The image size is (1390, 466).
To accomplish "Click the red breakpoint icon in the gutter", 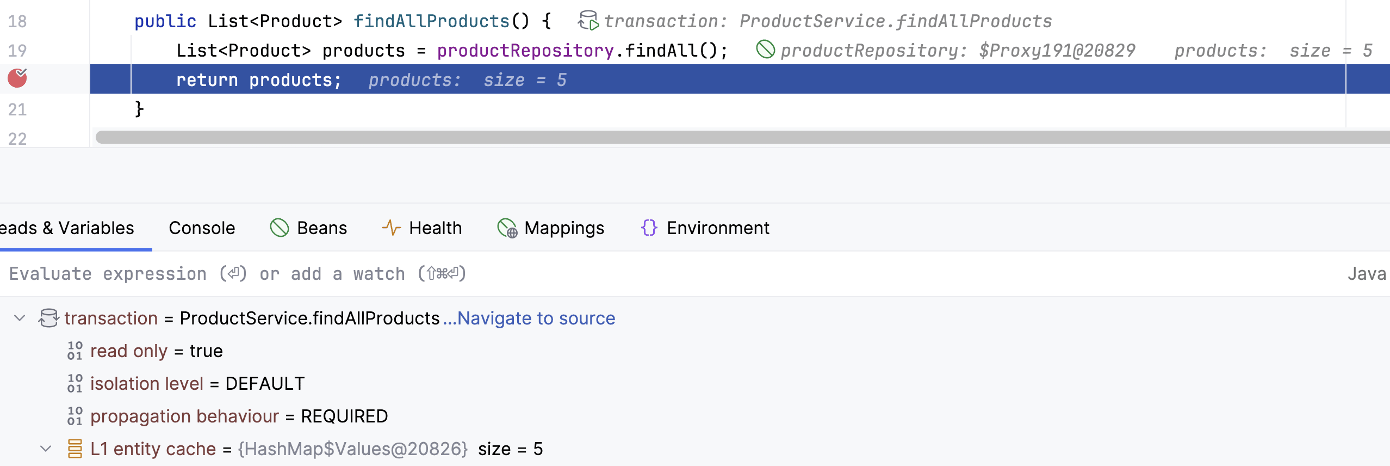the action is [17, 78].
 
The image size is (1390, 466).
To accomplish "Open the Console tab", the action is [202, 228].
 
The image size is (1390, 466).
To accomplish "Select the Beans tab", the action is [308, 228].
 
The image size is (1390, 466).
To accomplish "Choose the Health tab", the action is [421, 228].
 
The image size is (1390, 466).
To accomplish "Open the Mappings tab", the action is [550, 228].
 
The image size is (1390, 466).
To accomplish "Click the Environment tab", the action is [705, 228].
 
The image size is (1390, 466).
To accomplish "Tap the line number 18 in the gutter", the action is [17, 21].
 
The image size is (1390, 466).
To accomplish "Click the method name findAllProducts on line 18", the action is [431, 21].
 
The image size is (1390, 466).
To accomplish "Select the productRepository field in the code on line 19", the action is [525, 51].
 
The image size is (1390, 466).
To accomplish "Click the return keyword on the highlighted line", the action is [207, 80].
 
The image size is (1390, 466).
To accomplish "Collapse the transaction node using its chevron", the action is [20, 318].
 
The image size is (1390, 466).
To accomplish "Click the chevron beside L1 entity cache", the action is [46, 449].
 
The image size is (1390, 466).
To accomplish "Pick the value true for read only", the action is [206, 351].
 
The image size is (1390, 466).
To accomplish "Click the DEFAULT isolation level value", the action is [265, 384].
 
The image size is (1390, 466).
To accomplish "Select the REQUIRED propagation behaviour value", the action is [344, 416].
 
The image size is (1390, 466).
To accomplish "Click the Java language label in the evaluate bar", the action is [1367, 274].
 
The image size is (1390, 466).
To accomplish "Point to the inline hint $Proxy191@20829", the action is [1057, 51].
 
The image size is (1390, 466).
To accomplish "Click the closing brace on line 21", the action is [139, 109].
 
